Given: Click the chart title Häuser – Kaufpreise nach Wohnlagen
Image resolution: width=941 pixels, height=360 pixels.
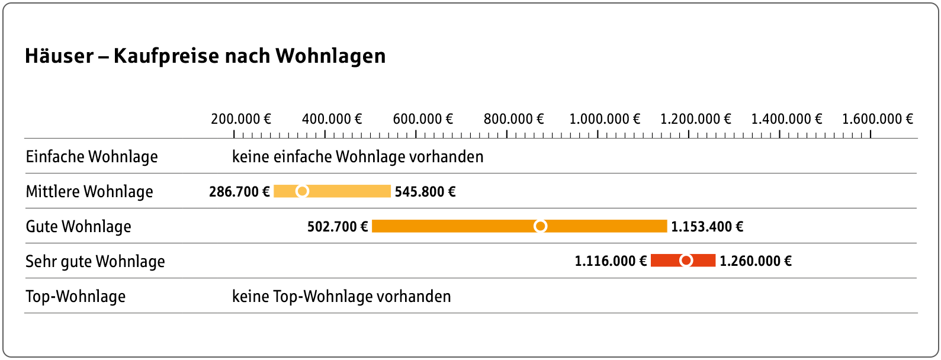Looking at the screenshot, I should pyautogui.click(x=205, y=56).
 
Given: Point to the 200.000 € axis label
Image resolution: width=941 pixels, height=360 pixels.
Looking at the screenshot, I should pyautogui.click(x=241, y=119).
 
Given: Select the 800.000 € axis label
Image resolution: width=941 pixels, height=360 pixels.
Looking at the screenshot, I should pyautogui.click(x=513, y=119).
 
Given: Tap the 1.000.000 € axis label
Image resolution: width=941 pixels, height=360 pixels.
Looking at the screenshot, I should pyautogui.click(x=605, y=119).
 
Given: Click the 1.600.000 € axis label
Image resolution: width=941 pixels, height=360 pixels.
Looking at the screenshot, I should pyautogui.click(x=878, y=119).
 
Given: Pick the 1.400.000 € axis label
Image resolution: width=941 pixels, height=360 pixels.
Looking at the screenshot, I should pyautogui.click(x=786, y=119).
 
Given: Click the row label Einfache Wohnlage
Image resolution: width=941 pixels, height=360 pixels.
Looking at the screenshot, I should pyautogui.click(x=92, y=157).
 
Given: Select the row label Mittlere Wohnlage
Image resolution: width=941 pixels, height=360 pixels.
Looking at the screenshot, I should pyautogui.click(x=89, y=192).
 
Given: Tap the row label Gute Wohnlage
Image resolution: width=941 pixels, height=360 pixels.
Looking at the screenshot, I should pyautogui.click(x=78, y=227).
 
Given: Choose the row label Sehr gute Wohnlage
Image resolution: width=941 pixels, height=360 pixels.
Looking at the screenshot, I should pyautogui.click(x=95, y=262).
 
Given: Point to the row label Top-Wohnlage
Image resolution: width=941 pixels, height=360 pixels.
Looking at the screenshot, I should pyautogui.click(x=75, y=297).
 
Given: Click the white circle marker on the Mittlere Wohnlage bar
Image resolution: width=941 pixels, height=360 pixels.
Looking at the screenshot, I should pyautogui.click(x=302, y=191).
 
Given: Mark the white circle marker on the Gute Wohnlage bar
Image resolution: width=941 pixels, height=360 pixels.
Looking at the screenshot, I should pyautogui.click(x=540, y=226).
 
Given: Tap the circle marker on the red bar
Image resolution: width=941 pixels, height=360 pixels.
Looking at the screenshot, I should pyautogui.click(x=686, y=261).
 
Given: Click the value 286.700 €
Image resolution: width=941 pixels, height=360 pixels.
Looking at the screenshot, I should pyautogui.click(x=239, y=192).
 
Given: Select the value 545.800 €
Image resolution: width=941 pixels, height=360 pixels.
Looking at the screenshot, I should pyautogui.click(x=425, y=192).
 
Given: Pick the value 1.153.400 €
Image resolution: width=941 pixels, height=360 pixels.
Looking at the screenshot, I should pyautogui.click(x=707, y=227).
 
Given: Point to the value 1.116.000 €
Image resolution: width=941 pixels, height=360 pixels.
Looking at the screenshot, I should pyautogui.click(x=611, y=261).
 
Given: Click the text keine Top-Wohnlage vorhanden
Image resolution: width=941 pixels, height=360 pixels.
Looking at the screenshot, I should pyautogui.click(x=341, y=297).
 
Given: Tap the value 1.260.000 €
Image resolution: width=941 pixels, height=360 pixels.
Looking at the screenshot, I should pyautogui.click(x=755, y=261).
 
